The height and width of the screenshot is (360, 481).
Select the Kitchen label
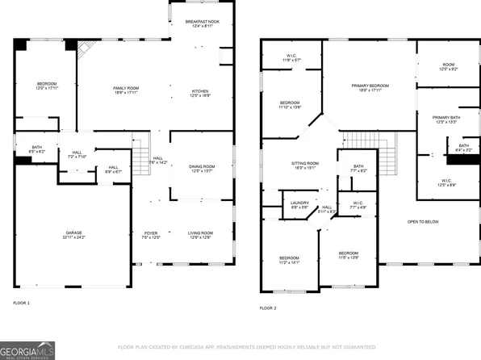coord(199,93)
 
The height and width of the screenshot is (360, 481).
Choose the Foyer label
coord(152,234)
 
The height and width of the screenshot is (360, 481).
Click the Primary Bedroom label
coord(370,87)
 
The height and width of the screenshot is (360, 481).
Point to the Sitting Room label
coord(305,165)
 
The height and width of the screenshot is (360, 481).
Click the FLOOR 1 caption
coord(21,303)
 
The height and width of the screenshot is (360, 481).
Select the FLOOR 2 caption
coord(268,308)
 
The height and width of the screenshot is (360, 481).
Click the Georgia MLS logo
coord(27,351)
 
